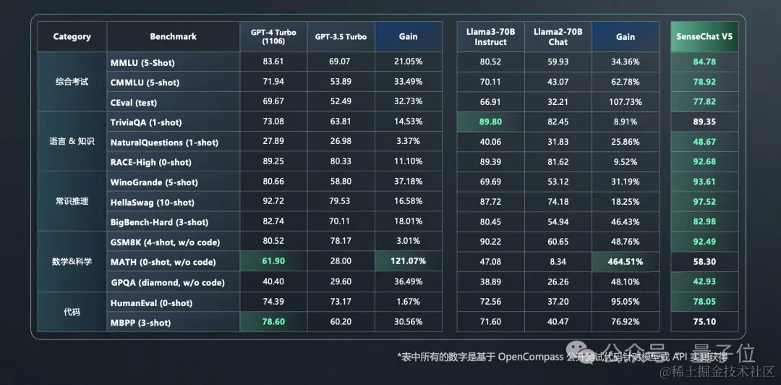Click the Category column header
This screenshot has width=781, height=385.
point(72,37)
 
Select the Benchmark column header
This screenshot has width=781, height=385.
point(173,37)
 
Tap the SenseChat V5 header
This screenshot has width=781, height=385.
point(704,37)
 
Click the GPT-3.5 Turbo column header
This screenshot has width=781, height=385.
point(341,37)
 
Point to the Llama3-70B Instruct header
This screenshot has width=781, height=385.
point(490,37)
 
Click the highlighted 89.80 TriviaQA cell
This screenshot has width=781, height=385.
point(490,122)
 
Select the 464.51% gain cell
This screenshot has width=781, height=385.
point(626,262)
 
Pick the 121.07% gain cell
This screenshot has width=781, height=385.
point(409,262)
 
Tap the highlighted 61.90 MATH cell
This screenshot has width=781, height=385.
point(273,262)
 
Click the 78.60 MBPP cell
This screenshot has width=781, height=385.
point(273,322)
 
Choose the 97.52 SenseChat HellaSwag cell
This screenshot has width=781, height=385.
point(704,202)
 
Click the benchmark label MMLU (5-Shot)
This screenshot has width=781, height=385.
point(142,63)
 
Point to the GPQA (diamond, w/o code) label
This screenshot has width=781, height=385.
point(168,282)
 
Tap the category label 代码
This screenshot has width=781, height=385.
point(72,313)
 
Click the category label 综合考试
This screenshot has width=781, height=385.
point(72,82)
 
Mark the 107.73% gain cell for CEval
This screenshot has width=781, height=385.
point(626,102)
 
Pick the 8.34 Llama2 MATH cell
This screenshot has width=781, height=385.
point(558,262)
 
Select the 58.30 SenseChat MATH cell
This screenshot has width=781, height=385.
point(704,262)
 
